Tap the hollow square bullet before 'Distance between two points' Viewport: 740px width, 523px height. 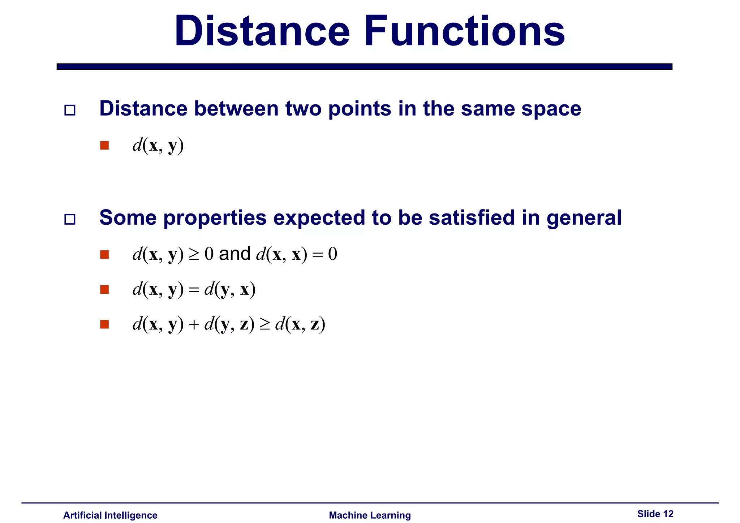(70, 110)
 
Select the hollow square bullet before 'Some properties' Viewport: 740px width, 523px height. (70, 219)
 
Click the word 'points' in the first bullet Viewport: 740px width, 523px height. (360, 109)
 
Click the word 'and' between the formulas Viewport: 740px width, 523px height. (235, 254)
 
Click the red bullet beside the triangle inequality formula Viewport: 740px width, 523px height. (104, 324)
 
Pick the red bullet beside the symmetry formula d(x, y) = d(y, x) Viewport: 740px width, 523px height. (104, 290)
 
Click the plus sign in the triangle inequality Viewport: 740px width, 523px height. (194, 325)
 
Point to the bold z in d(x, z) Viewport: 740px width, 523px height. (315, 325)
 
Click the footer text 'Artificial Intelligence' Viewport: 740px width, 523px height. (110, 515)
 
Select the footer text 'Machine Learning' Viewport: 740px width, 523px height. (370, 515)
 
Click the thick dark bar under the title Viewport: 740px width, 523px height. (364, 66)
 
